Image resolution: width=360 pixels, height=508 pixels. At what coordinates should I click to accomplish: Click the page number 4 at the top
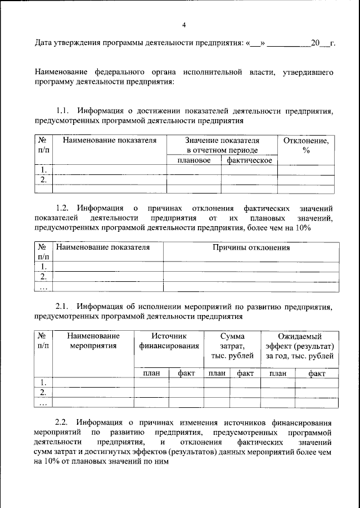point(184,25)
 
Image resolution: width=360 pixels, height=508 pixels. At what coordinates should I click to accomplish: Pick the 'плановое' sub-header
point(193,160)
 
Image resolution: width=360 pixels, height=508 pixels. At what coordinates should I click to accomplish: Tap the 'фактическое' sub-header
point(249,160)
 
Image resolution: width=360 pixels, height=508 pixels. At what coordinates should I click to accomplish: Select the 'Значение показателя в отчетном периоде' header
point(222,145)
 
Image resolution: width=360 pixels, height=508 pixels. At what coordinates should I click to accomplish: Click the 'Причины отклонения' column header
point(251,247)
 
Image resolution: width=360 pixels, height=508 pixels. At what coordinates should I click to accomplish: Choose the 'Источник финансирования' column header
point(169,340)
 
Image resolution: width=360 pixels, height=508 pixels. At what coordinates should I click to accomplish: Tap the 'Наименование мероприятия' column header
point(93,340)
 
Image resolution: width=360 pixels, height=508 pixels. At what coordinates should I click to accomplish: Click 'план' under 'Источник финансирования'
point(151,372)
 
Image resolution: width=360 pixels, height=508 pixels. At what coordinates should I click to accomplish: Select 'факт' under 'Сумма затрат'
point(245,372)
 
